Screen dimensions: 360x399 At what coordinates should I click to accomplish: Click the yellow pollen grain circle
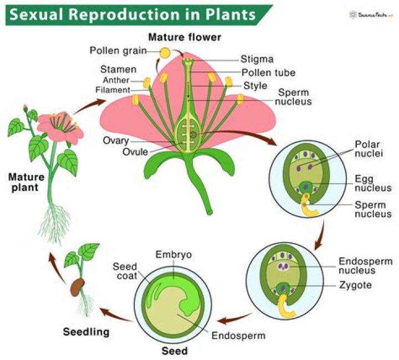pyautogui.click(x=165, y=52)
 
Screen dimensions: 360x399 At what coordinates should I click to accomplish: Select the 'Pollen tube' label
pyautogui.click(x=268, y=73)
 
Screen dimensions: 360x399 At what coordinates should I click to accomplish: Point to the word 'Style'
pyautogui.click(x=255, y=86)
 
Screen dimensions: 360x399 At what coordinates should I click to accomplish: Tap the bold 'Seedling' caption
pyautogui.click(x=85, y=332)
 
